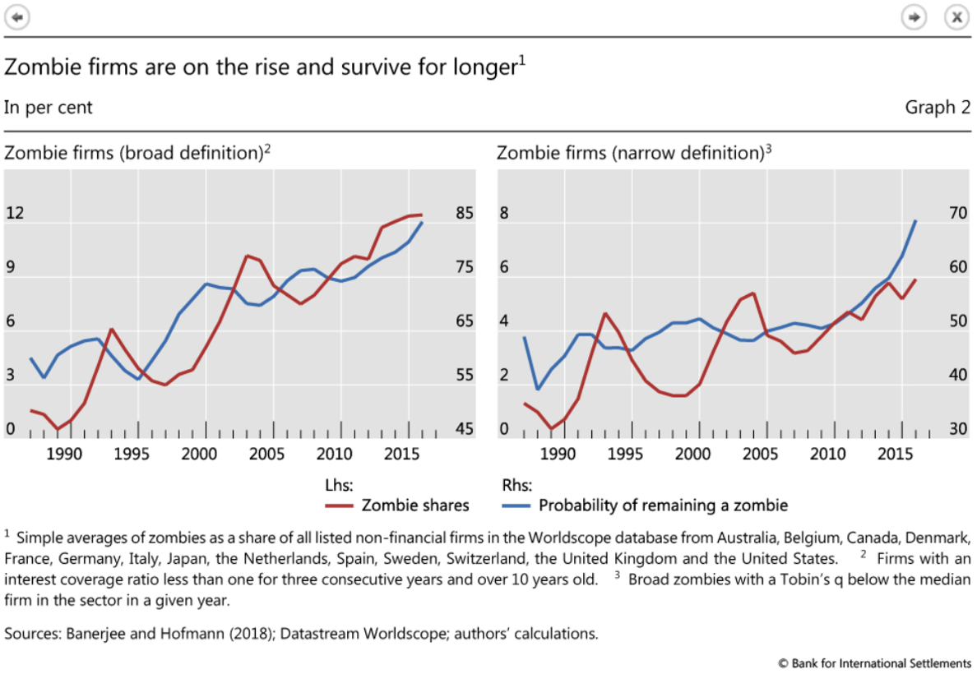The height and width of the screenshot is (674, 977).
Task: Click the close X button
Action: [x=956, y=16]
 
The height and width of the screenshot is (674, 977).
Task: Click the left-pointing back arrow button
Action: [x=17, y=16]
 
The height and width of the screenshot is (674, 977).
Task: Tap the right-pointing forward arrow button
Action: [x=914, y=16]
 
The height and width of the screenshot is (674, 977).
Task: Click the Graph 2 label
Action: [x=938, y=108]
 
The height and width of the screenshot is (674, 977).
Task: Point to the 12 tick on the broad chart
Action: [x=16, y=214]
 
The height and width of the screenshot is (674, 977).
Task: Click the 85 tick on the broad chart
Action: [x=465, y=214]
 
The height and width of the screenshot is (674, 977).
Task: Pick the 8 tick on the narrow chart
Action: [x=504, y=214]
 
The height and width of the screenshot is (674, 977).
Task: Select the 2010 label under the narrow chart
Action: [x=833, y=453]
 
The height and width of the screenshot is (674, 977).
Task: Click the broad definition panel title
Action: [x=137, y=153]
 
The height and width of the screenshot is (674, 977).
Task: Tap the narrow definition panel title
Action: [x=634, y=153]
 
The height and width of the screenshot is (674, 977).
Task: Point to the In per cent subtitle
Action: [x=49, y=108]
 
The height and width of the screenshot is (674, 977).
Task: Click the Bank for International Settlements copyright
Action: [x=874, y=662]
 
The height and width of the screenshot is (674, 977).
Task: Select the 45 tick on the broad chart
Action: [x=465, y=430]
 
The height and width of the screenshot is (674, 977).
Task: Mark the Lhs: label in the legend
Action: [x=340, y=484]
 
